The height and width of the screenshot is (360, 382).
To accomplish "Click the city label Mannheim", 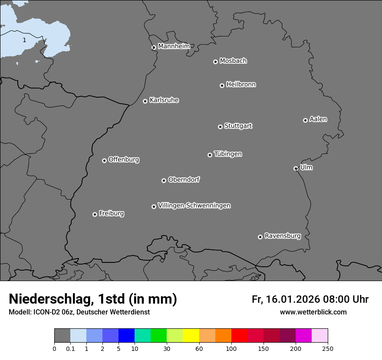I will tap(174, 46).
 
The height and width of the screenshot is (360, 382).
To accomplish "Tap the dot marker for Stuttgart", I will tap(220, 127).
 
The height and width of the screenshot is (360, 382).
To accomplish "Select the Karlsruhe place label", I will tap(164, 100).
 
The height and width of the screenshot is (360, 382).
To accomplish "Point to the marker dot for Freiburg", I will tap(95, 214).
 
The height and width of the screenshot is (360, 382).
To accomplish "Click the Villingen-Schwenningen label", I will tap(194, 206).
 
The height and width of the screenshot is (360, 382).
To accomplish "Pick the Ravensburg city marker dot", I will tap(260, 237).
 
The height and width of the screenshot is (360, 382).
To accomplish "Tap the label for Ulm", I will tap(306, 167).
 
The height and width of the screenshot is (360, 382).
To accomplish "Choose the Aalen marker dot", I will tap(305, 120).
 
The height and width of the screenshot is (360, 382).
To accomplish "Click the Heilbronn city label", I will tap(241, 84).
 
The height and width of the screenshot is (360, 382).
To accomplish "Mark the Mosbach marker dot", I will tap(215, 62).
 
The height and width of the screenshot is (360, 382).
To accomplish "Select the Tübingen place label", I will tap(228, 154).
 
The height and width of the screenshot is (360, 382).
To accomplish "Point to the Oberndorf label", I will tap(184, 180).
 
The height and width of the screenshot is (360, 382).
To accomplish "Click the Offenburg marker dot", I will tap(104, 160).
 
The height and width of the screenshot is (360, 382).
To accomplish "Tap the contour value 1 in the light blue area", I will tap(24, 40).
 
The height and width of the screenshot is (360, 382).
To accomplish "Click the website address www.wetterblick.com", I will tap(313, 312).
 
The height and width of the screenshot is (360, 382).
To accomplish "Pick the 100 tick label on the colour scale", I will tap(231, 348).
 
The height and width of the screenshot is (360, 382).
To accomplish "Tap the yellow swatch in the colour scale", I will tap(191, 336).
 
